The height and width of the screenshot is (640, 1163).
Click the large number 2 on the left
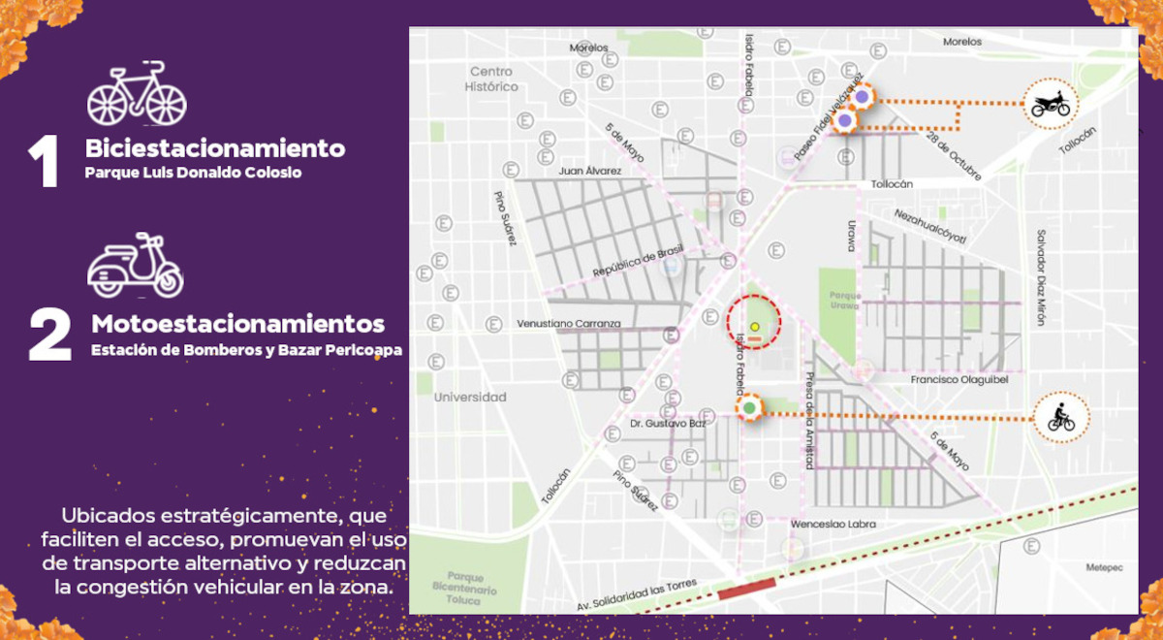[49, 336]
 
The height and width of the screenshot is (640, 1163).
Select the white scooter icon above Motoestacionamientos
[136, 266]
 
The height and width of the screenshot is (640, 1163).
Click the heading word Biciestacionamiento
[215, 148]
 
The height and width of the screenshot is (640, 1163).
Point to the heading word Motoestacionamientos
[238, 323]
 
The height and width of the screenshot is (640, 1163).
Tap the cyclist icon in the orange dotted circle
[1061, 418]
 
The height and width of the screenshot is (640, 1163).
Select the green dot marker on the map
[748, 407]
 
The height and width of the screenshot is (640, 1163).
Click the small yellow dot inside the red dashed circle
[754, 327]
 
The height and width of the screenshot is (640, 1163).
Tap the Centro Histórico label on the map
[491, 79]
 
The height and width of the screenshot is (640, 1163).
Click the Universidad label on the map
[470, 397]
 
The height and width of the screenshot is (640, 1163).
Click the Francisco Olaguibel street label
[959, 380]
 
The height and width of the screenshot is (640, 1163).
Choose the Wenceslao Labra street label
[833, 524]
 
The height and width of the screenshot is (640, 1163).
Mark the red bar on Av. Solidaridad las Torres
[746, 587]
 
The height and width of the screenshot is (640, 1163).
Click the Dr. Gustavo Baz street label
[668, 424]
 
